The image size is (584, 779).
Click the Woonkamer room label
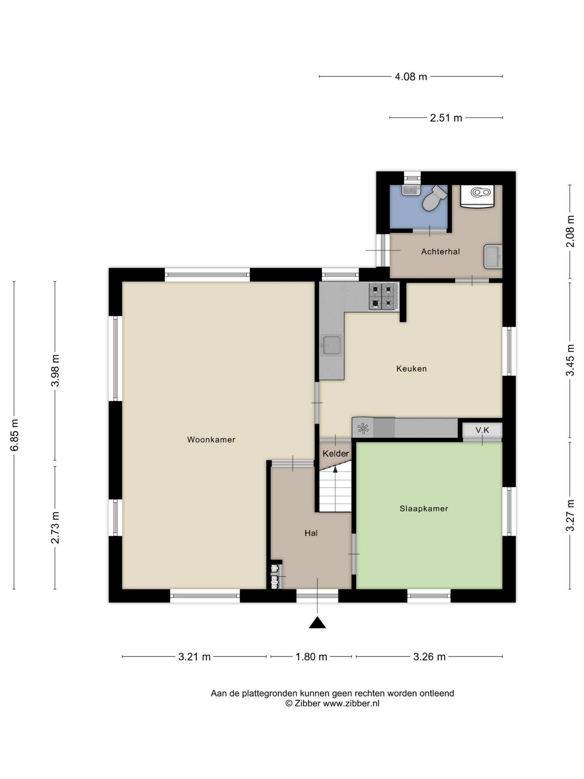pyautogui.click(x=211, y=439)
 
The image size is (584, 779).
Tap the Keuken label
pyautogui.click(x=411, y=369)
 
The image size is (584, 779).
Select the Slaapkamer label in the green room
pyautogui.click(x=423, y=508)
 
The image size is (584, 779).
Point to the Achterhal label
pyautogui.click(x=440, y=251)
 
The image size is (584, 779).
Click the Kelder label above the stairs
pyautogui.click(x=335, y=454)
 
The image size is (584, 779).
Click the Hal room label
pyautogui.click(x=311, y=533)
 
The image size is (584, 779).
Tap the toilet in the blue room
pyautogui.click(x=434, y=199)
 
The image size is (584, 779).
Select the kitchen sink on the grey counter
pyautogui.click(x=331, y=345)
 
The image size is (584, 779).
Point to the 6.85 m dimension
pyautogui.click(x=14, y=435)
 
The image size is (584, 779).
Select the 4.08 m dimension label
pyautogui.click(x=411, y=76)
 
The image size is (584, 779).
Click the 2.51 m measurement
pyautogui.click(x=446, y=118)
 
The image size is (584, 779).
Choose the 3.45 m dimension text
pyautogui.click(x=570, y=360)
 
